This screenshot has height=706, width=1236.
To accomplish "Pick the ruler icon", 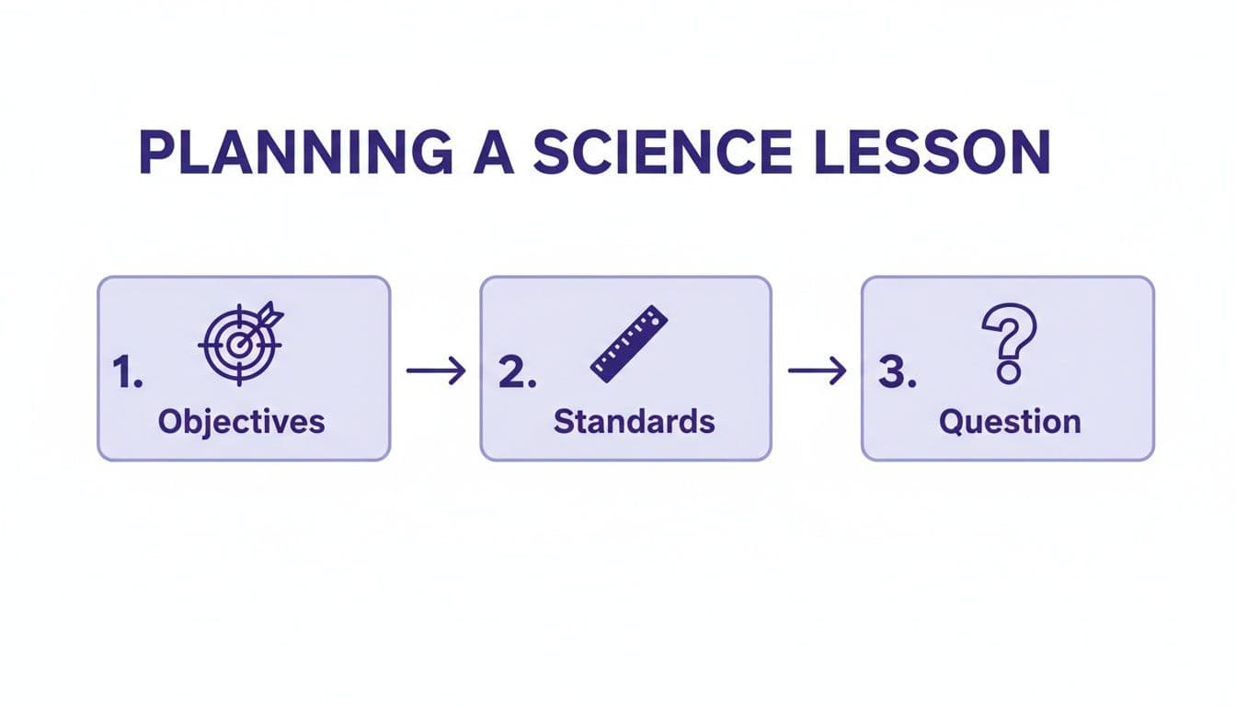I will tap(628, 343).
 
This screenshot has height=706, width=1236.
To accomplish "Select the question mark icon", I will tap(1009, 343).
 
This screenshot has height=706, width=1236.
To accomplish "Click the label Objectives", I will tap(241, 421).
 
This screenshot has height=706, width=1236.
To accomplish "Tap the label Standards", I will tap(634, 421).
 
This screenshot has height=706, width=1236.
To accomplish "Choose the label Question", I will tap(1010, 422).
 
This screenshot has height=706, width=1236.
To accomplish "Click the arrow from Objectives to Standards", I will tap(435, 370).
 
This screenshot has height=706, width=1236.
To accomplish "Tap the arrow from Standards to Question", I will tap(817, 370).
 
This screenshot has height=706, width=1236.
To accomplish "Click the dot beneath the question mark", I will tap(1009, 373).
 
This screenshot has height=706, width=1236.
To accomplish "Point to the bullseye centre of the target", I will tap(237, 344).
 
